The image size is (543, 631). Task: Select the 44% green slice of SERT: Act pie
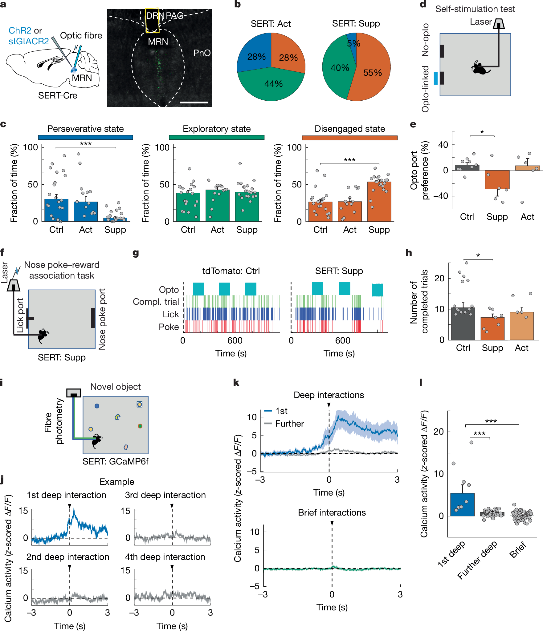click(271, 86)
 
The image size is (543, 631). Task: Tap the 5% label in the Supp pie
click(353, 43)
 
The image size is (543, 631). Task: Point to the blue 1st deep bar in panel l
click(462, 505)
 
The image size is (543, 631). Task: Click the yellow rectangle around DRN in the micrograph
click(152, 20)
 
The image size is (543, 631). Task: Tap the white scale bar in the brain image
click(194, 102)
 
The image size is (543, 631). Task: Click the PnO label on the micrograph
click(202, 53)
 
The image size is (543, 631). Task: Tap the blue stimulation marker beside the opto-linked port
click(435, 78)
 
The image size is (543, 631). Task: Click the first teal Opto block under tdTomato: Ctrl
click(198, 289)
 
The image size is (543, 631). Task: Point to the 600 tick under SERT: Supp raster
click(343, 340)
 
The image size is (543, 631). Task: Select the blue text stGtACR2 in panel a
click(28, 41)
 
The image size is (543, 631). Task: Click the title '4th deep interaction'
click(165, 557)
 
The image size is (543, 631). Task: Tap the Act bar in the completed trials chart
click(521, 326)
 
